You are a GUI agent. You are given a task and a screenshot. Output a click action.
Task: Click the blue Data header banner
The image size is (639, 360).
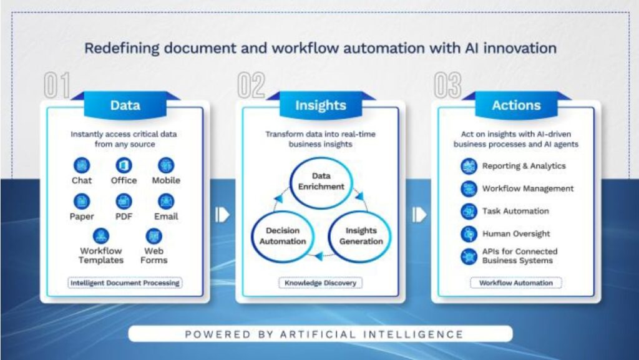[125, 105]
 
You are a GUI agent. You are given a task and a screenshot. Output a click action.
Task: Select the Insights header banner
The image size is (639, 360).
[321, 105]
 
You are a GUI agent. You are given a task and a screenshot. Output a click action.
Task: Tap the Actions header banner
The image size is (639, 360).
[516, 105]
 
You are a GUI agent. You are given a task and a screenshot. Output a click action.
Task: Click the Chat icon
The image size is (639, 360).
[82, 165]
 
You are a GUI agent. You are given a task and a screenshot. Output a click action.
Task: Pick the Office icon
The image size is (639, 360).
[124, 165]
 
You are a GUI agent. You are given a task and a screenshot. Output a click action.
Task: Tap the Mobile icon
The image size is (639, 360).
[166, 165]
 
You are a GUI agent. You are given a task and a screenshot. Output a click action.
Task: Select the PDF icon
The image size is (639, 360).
[124, 201]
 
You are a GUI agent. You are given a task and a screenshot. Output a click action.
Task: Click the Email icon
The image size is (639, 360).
[166, 201]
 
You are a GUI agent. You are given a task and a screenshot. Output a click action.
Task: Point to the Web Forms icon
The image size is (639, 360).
[154, 236]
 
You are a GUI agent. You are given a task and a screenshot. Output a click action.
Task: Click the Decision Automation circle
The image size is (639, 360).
[252, 236]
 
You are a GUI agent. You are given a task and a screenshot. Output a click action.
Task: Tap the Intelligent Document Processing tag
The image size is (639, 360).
[125, 283]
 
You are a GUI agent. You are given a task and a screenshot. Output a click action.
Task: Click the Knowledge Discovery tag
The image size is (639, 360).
[320, 283]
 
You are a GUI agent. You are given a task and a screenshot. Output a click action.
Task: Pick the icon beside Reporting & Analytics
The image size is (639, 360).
[469, 166]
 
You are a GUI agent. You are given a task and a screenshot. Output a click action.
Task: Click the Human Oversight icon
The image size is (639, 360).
[469, 234]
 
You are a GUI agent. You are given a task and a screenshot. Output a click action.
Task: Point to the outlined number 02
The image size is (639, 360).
[251, 85]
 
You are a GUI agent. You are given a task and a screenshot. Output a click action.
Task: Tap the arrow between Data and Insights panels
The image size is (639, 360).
[223, 215]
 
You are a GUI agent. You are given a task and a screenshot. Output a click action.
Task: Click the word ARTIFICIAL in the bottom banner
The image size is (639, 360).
[317, 334]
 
